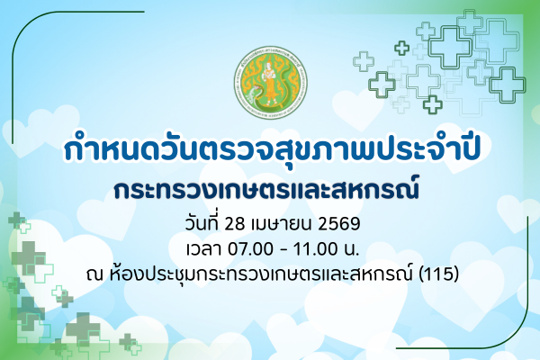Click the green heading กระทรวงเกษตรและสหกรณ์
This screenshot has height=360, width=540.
point(269,190)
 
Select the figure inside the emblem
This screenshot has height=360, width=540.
point(269,83)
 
